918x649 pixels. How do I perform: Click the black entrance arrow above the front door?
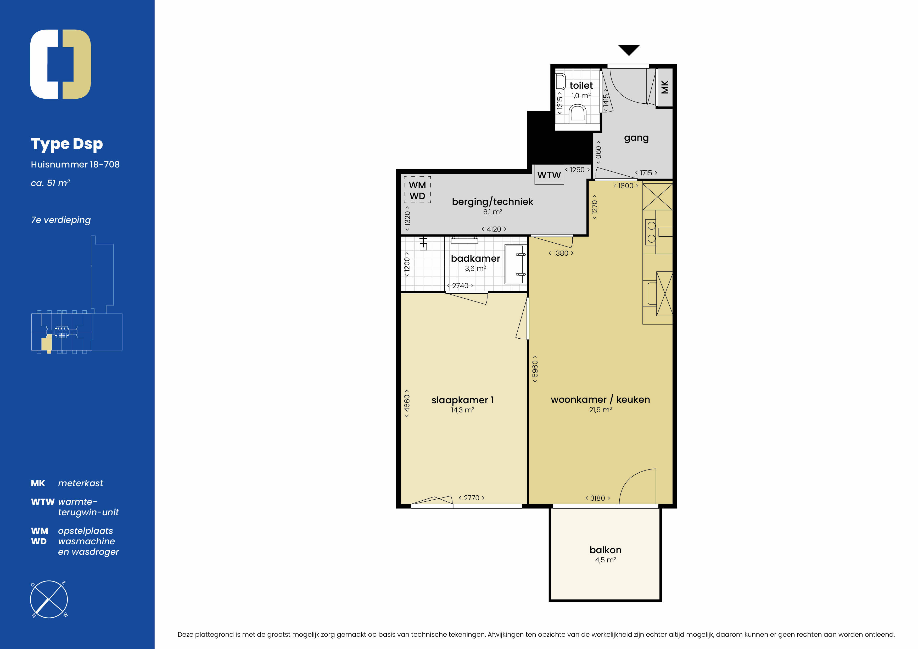pos(629,49)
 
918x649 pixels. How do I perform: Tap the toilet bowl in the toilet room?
pos(577,113)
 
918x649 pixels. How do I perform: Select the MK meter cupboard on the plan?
pos(664,87)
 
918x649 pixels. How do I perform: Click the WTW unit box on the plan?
pos(549,175)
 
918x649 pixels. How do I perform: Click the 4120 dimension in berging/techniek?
pos(494,229)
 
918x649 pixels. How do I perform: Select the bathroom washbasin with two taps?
pos(515,264)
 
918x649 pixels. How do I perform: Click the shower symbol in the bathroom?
pos(423,243)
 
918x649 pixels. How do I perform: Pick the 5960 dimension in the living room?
pos(535,369)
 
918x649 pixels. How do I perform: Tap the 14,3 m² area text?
pos(463,410)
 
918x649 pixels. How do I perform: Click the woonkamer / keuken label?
pos(600,400)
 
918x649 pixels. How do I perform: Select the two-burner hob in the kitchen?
pos(651,232)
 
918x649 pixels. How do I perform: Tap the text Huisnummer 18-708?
pos(75,164)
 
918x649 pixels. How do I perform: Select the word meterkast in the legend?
pos(80,483)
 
